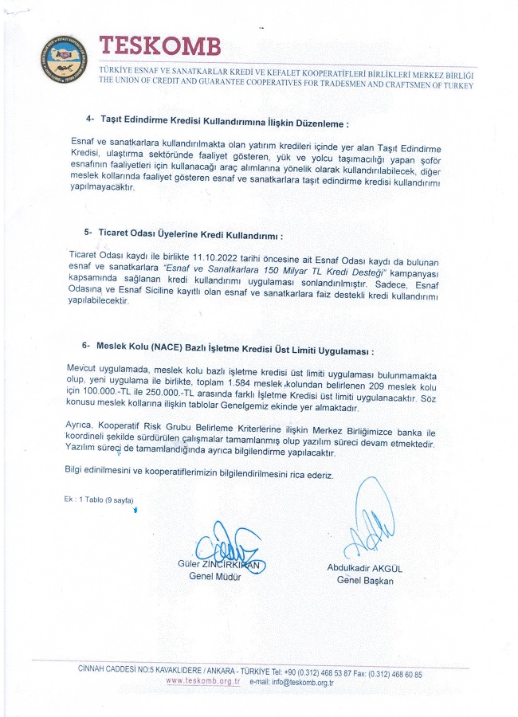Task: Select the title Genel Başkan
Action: click(x=365, y=581)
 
